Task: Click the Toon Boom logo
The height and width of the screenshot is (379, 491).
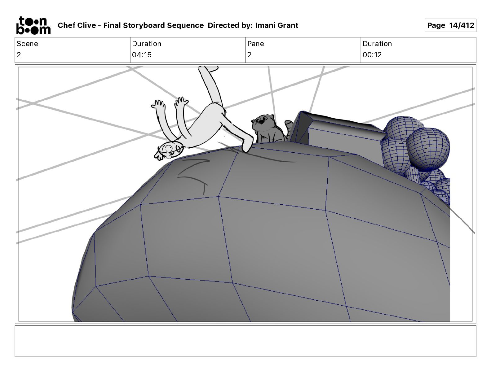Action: coord(33,25)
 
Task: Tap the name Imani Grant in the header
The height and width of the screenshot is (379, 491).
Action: coord(276,25)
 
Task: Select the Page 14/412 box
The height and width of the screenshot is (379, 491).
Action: coord(450,25)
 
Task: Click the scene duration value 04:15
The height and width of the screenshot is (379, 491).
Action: coord(142,55)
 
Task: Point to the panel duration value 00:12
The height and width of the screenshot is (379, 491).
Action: coord(372,55)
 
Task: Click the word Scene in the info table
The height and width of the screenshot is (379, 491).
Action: coord(27,44)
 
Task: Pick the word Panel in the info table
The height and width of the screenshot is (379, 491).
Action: coord(256,44)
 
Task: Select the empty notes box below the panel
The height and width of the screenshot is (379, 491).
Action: coord(245,341)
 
